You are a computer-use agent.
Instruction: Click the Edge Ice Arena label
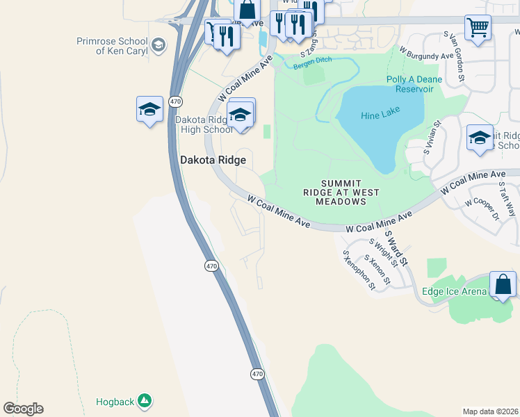click(454, 291)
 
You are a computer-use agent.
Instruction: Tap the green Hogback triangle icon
click(145, 400)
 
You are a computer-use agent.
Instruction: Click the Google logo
click(23, 409)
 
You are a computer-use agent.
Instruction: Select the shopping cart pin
click(478, 28)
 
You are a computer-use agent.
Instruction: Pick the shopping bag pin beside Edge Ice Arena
click(503, 285)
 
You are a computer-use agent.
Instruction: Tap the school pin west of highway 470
click(149, 110)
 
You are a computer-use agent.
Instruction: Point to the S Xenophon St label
click(358, 270)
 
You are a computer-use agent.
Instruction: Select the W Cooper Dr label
click(482, 208)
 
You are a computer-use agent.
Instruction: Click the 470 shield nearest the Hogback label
click(257, 374)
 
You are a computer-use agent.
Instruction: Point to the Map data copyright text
click(490, 411)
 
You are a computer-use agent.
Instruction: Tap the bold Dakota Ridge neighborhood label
click(213, 160)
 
